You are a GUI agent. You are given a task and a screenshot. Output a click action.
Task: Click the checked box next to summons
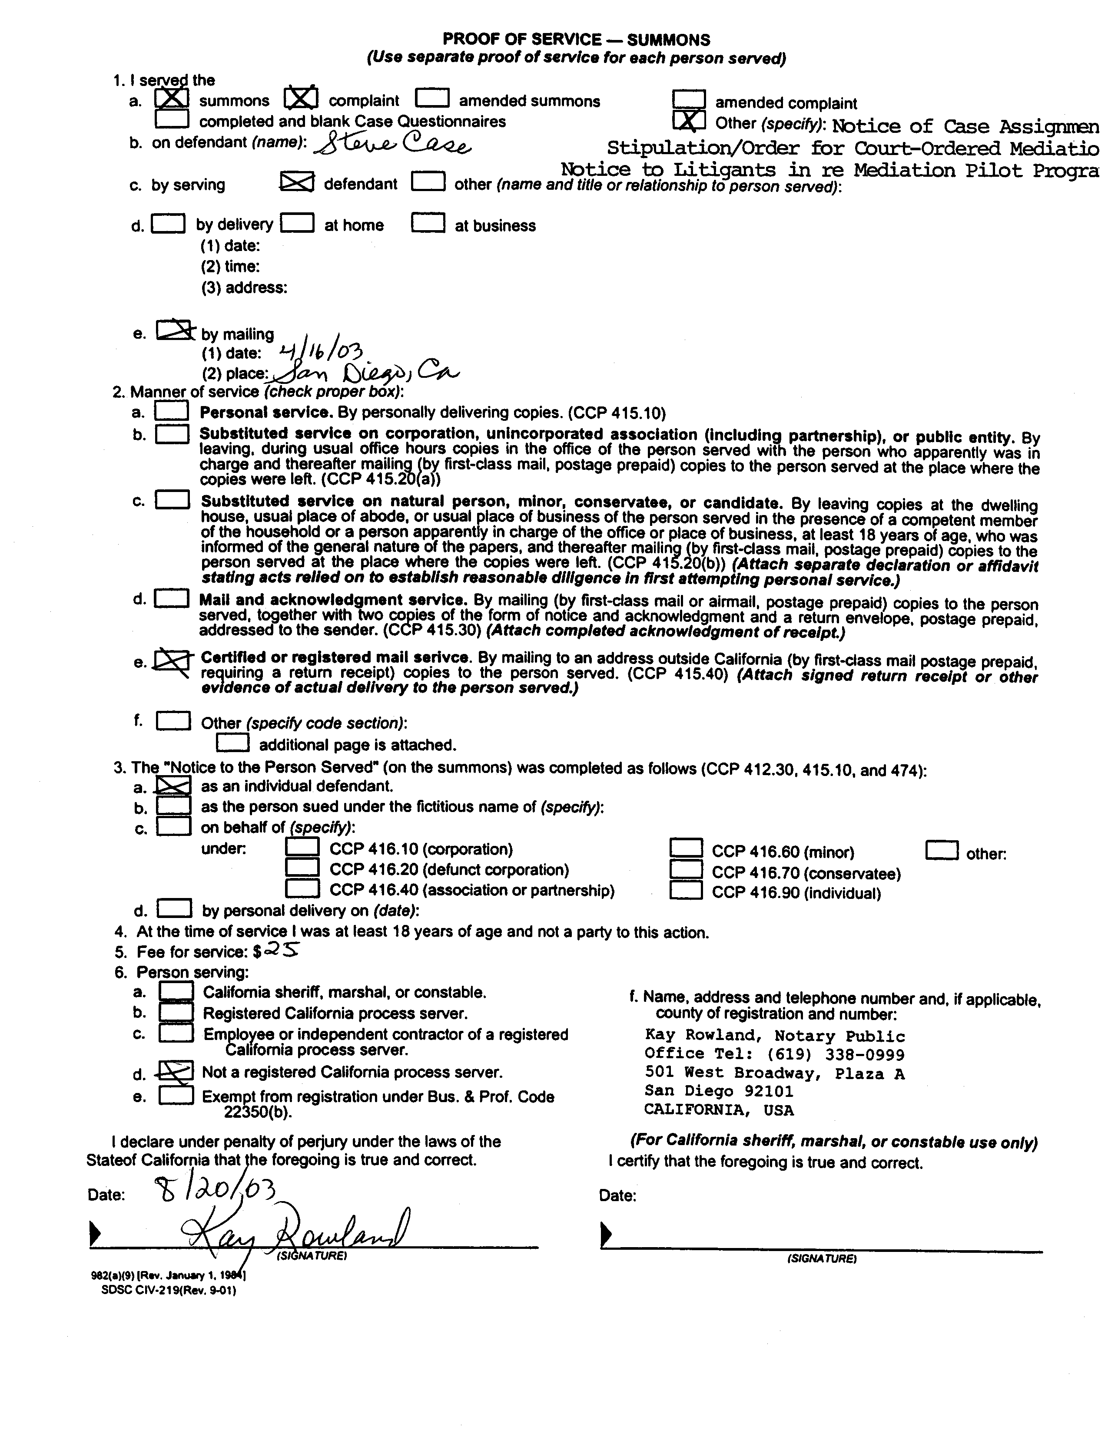point(172,99)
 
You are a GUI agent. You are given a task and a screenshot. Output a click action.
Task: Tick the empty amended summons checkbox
point(433,99)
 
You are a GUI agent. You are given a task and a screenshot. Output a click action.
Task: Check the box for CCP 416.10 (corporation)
point(302,848)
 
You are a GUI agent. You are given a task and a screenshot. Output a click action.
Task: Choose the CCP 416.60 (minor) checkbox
point(686,850)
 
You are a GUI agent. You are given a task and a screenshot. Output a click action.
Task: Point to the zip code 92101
point(767,1091)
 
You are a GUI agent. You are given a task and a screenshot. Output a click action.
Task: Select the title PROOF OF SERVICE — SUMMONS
point(576,40)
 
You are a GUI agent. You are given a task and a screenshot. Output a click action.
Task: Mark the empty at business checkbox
point(428,224)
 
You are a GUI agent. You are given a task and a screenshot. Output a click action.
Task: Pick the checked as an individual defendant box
point(174,786)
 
